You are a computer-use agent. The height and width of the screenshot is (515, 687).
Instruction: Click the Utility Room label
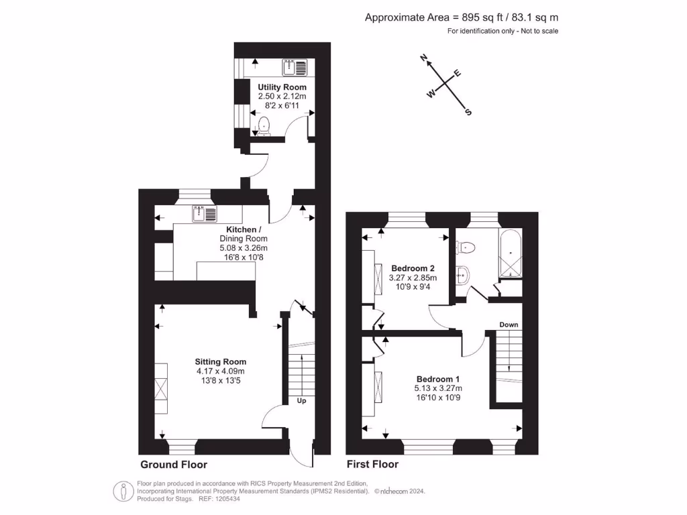pos(282,87)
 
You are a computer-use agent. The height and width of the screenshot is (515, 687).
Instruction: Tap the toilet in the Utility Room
pos(264,125)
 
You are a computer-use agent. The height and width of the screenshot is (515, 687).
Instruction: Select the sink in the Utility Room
pos(295,67)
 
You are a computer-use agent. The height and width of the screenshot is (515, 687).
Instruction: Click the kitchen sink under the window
pos(205,214)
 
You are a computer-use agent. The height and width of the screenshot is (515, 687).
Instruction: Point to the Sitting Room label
pos(221,361)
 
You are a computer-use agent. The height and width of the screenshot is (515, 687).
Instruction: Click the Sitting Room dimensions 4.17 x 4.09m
pos(221,371)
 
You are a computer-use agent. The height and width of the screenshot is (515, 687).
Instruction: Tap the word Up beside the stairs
pos(302,401)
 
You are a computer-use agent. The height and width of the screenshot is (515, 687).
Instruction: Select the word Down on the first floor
pos(509,325)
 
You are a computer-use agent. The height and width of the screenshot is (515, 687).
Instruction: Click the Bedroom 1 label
pos(439,378)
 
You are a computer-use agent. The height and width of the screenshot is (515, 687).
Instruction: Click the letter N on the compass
pos(424,59)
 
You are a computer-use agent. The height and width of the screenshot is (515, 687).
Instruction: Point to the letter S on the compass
pos(468,112)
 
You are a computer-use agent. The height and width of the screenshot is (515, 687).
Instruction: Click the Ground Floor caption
pos(174,465)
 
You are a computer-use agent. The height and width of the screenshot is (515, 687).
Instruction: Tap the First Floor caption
pos(372,465)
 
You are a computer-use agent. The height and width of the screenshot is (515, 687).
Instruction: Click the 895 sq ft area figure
pos(476,18)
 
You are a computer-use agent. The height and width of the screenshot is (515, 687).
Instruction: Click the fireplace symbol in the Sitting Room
pos(161,389)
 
